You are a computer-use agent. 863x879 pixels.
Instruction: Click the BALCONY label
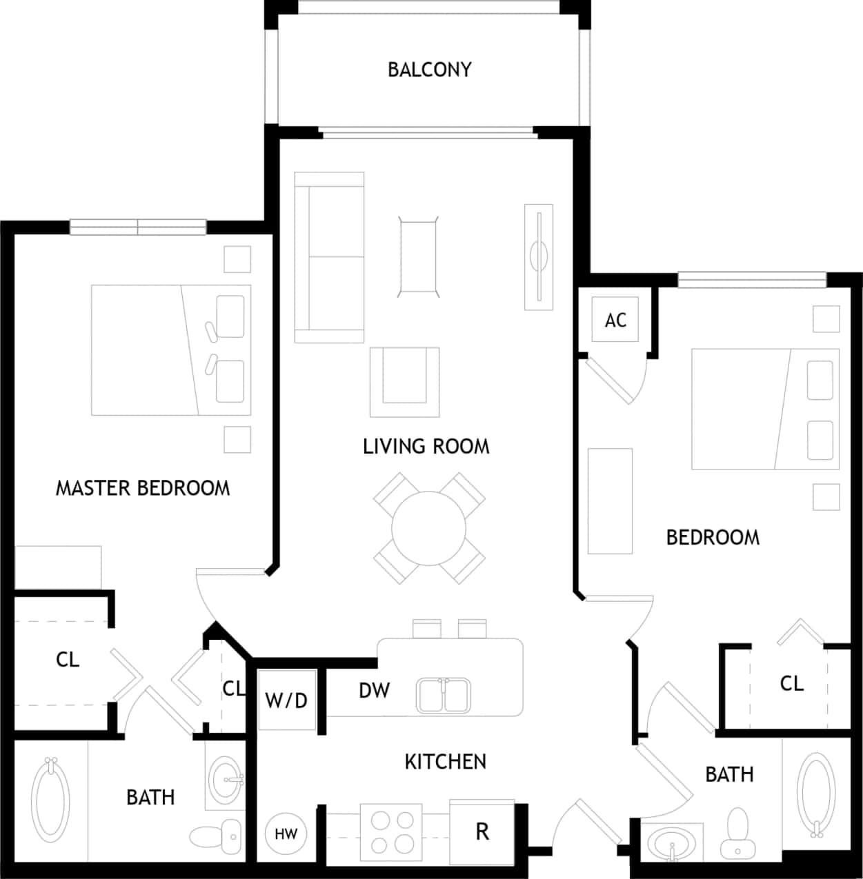429,70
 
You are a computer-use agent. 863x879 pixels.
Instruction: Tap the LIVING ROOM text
426,447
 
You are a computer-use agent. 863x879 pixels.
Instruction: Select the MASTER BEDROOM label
143,488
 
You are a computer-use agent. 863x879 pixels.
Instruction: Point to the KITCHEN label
445,762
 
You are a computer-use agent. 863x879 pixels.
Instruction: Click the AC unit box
615,320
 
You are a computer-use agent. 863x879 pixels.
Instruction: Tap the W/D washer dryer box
286,700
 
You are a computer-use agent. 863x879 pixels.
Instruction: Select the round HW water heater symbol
286,834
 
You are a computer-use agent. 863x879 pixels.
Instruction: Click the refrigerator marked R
482,831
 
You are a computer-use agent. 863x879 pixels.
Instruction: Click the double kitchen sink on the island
444,695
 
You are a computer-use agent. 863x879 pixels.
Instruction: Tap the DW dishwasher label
374,690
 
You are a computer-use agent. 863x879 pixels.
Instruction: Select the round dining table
428,528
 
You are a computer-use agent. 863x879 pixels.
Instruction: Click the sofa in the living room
329,257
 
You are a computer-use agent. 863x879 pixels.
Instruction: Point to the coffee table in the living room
418,256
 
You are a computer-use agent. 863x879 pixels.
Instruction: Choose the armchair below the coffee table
404,381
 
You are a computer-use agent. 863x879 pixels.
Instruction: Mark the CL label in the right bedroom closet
791,683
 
